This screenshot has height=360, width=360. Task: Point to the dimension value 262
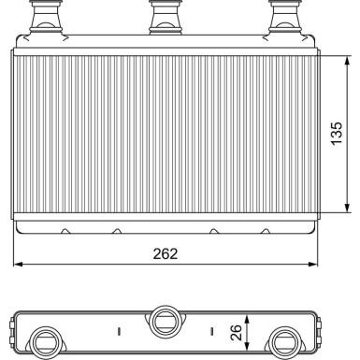tap(166, 252)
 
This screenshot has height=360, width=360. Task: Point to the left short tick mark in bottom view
tap(118, 330)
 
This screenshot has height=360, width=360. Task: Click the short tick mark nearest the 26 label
tap(213, 330)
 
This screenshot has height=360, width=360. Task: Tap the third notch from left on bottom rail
tap(214, 230)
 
